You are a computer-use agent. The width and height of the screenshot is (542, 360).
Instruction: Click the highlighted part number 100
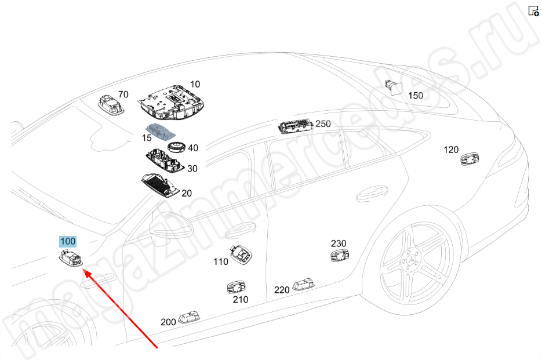pos(68,241)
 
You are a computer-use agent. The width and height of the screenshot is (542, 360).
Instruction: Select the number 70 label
pos(123,94)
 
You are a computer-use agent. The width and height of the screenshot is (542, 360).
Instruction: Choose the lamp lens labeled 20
pos(159,184)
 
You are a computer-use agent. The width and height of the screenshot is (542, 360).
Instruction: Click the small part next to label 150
pos(396,88)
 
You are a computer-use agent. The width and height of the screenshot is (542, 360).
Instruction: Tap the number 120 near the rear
pos(451,150)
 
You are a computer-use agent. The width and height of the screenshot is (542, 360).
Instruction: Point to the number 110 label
pos(221,261)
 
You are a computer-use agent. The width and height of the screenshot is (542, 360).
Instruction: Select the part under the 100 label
pos(71,259)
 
